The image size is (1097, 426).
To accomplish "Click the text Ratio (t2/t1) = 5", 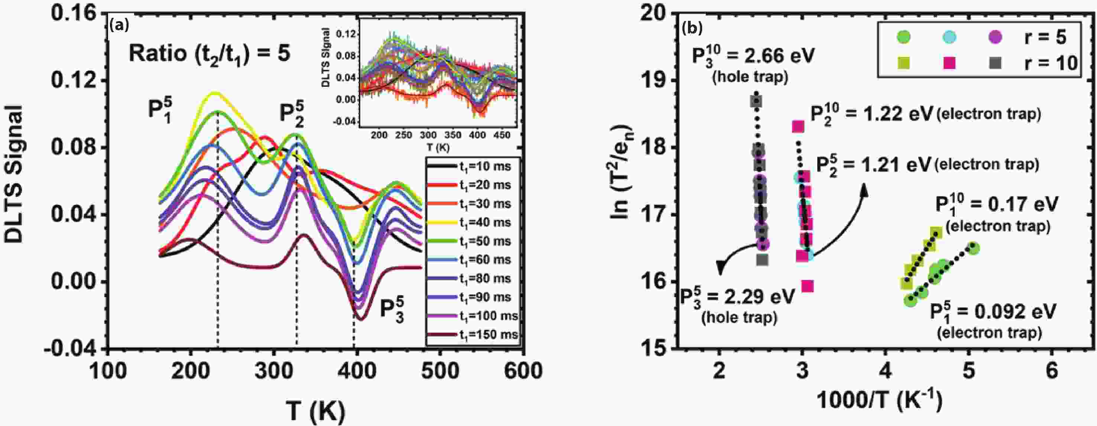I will pyautogui.click(x=209, y=55).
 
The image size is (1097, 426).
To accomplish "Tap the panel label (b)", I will pyautogui.click(x=692, y=28).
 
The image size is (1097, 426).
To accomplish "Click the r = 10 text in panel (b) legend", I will pyautogui.click(x=1050, y=64).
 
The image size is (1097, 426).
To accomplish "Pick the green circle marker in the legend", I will pyautogui.click(x=903, y=37).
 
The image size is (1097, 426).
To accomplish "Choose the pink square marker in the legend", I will pyautogui.click(x=949, y=63).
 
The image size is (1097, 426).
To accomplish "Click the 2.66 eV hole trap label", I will pyautogui.click(x=753, y=56).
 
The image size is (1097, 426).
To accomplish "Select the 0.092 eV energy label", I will pyautogui.click(x=992, y=312).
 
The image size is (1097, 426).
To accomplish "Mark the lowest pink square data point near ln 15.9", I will pyautogui.click(x=807, y=286).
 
